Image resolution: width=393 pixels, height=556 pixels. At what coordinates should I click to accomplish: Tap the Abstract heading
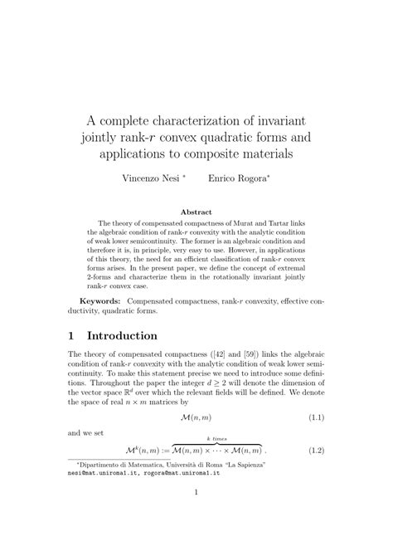(x=196, y=212)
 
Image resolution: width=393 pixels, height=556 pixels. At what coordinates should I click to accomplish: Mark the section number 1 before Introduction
(x=73, y=336)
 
